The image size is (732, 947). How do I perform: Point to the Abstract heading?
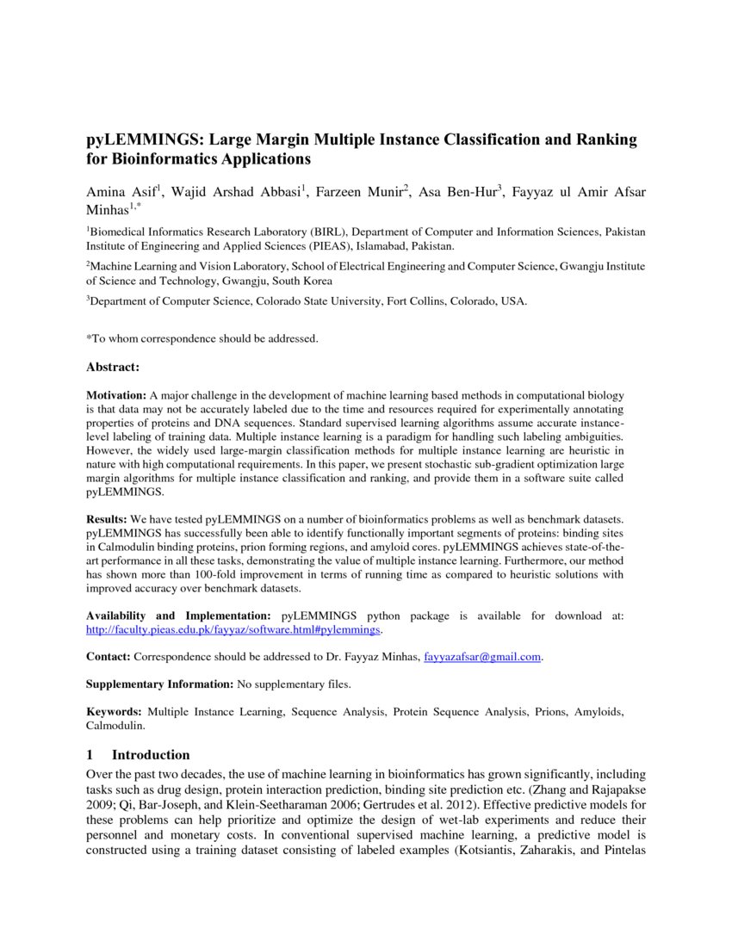[x=112, y=368]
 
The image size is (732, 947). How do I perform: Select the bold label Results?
[x=107, y=521]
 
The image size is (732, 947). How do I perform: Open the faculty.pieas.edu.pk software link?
[x=233, y=629]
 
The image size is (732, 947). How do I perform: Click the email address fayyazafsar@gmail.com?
[x=482, y=657]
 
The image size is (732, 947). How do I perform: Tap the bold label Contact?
[x=108, y=657]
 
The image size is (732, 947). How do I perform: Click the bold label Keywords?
[x=114, y=712]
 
